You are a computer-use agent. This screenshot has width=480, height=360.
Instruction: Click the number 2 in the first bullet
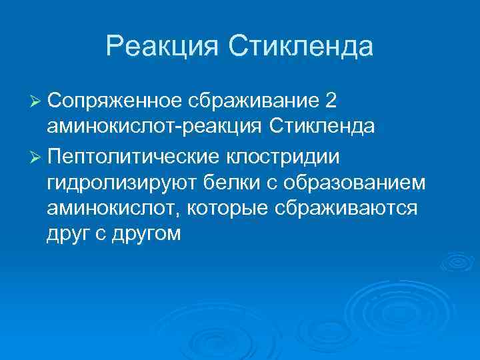(x=331, y=99)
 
